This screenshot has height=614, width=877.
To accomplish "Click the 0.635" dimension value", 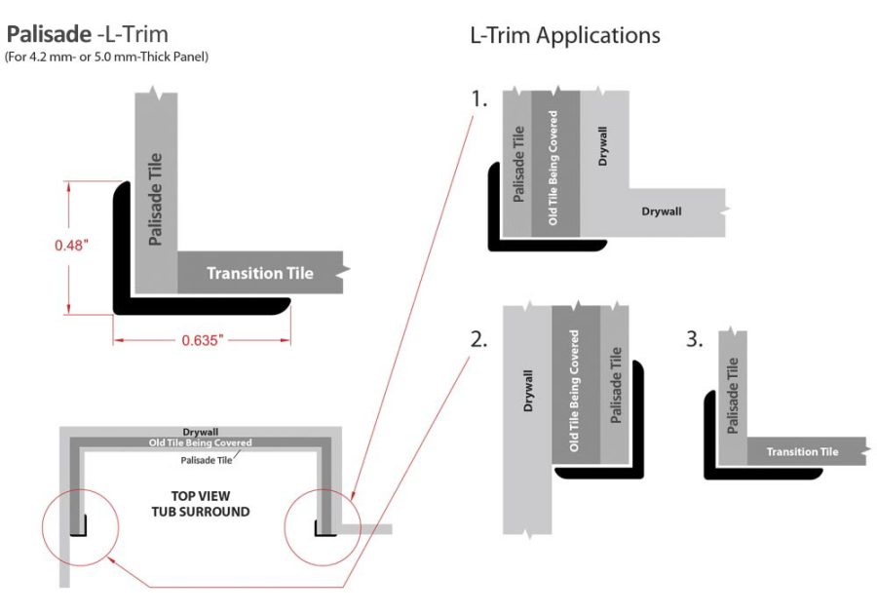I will (x=202, y=341).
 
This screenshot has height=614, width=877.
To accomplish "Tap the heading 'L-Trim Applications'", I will (x=564, y=36).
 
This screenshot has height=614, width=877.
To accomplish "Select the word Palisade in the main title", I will (x=49, y=36).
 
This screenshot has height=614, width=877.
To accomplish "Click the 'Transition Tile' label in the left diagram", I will (x=259, y=273).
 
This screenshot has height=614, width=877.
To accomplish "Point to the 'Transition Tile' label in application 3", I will (x=802, y=451).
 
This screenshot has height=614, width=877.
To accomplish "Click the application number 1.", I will (x=478, y=100).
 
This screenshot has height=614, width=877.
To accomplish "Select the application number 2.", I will (x=478, y=340).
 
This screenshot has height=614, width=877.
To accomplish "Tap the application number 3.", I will (x=694, y=340).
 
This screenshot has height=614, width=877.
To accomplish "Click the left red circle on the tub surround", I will (x=79, y=527).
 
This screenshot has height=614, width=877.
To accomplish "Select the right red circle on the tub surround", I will (x=321, y=527).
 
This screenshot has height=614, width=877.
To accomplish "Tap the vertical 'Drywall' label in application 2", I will (x=528, y=389).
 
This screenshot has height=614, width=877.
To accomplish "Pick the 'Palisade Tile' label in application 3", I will (x=732, y=395).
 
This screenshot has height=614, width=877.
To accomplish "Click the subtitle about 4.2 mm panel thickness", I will (x=106, y=58).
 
